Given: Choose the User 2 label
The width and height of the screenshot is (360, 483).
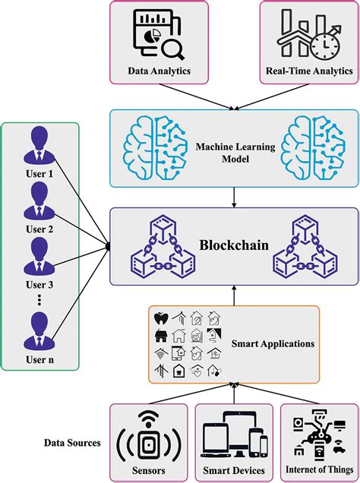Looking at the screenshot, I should click(x=39, y=228).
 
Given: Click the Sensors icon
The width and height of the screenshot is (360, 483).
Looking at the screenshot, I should click(x=150, y=437).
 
